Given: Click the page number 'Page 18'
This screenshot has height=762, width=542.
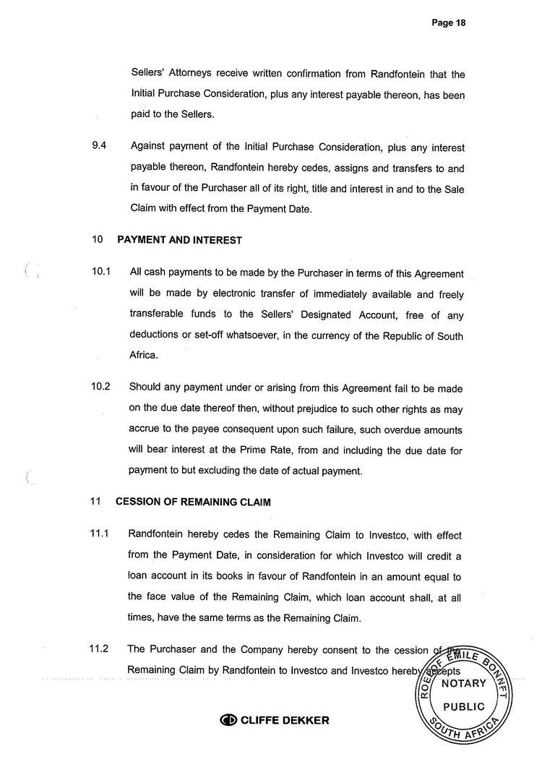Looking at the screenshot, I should tap(448, 22).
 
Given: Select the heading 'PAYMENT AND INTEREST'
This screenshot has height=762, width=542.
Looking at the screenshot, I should tap(179, 240).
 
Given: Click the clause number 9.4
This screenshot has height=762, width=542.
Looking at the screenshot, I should tap(100, 145).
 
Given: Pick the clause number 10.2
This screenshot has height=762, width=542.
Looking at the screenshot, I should tap(100, 386).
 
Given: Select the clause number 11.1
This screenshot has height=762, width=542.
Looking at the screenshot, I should tap(99, 534).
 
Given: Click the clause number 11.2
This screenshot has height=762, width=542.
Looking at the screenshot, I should tap(99, 648).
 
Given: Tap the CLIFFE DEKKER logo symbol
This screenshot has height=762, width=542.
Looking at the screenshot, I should tap(228, 720).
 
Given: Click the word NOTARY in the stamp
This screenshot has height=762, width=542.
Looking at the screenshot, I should tap(463, 683).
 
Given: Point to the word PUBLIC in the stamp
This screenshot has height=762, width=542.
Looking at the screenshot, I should tap(463, 706).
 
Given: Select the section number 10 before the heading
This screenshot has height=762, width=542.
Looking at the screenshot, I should tap(98, 240).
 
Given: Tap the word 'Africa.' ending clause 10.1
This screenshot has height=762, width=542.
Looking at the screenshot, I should tap(144, 356).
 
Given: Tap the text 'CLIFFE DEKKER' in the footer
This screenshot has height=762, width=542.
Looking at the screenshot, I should tap(285, 720).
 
